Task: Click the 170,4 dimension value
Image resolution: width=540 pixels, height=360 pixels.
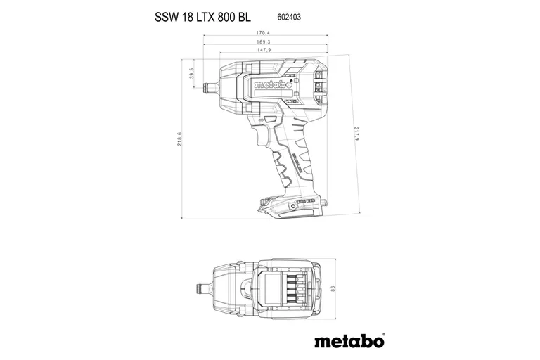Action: click(264, 32)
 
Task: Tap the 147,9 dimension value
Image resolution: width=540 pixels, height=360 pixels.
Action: click(264, 51)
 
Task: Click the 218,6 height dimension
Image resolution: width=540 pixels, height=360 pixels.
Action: click(180, 139)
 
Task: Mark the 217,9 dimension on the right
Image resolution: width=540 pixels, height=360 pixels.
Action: click(358, 134)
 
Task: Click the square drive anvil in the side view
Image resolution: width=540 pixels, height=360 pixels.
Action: click(210, 88)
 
